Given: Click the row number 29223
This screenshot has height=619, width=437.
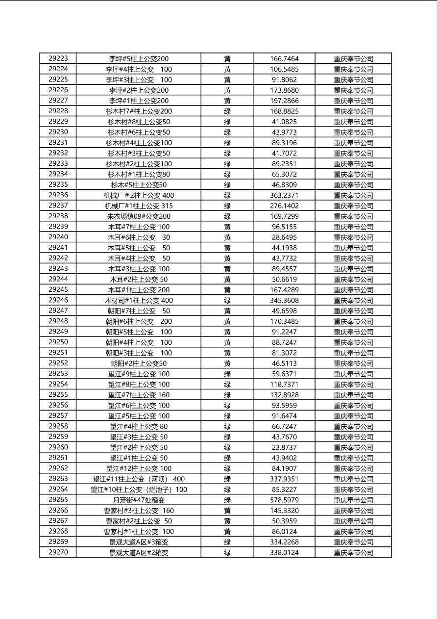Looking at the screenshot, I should [58, 58].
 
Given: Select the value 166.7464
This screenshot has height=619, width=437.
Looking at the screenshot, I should [284, 59].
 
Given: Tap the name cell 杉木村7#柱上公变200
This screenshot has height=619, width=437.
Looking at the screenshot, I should [139, 111].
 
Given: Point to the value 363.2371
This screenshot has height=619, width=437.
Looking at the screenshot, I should [284, 195].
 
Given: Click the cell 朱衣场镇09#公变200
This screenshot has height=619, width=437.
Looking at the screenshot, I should [139, 216].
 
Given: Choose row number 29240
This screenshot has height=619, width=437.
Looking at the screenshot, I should [58, 237].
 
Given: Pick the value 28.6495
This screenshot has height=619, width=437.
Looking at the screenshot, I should [284, 237].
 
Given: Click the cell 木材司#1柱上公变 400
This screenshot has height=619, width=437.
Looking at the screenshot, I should [139, 300].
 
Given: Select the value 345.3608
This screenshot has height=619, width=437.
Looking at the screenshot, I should [284, 300].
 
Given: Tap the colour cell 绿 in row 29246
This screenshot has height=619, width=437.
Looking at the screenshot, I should [227, 300].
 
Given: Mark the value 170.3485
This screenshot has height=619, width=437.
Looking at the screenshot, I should [284, 321].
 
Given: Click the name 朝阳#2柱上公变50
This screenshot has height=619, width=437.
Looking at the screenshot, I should [139, 363].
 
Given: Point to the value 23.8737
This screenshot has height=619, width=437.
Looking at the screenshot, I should [284, 447].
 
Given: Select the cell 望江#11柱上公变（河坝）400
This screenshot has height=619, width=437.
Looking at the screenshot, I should [139, 479].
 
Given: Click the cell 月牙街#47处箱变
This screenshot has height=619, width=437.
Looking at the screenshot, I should [139, 500].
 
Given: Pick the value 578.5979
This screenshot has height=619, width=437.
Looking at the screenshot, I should [284, 500].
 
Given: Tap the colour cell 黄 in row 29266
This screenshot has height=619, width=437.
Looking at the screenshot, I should [227, 511].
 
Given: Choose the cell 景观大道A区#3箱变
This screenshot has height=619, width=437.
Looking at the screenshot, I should [139, 542].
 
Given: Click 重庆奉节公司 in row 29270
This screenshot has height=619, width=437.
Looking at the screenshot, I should [353, 553].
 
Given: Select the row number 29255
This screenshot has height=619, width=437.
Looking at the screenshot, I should [58, 394].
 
